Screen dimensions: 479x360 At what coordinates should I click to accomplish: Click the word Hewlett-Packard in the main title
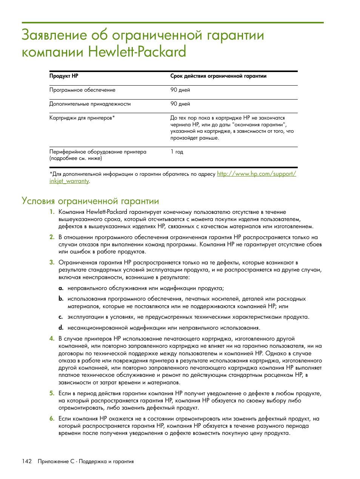click(x=137, y=52)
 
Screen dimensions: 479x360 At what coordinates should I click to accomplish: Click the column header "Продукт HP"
click(x=64, y=76)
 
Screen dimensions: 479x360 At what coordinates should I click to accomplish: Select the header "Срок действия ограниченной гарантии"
click(x=218, y=76)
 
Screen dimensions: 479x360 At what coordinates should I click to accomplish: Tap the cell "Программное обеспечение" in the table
click(x=82, y=90)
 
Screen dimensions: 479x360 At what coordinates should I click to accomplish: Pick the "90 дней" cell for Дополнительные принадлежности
click(x=180, y=104)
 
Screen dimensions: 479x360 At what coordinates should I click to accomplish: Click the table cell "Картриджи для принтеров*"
click(x=82, y=118)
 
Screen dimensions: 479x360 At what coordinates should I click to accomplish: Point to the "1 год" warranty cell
click(x=177, y=152)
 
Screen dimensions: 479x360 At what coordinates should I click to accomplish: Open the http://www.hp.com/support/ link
click(x=256, y=174)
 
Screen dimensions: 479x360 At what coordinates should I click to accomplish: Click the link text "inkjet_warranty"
click(x=69, y=181)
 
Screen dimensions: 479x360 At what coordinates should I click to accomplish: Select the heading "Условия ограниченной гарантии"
click(x=90, y=201)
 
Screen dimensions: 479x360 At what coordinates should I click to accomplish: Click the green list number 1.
click(x=52, y=212)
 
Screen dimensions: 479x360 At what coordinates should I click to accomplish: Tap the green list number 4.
click(x=52, y=339)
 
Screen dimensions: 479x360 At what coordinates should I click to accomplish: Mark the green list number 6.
click(x=52, y=419)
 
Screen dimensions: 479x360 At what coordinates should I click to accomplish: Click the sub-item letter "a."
click(x=61, y=288)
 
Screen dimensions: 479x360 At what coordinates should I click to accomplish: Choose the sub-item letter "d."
click(x=61, y=328)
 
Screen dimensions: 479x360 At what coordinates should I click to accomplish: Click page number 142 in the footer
click(x=27, y=461)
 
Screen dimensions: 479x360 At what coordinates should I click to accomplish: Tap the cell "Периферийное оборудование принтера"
click(x=98, y=152)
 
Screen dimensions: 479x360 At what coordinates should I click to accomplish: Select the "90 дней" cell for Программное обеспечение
click(x=180, y=90)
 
